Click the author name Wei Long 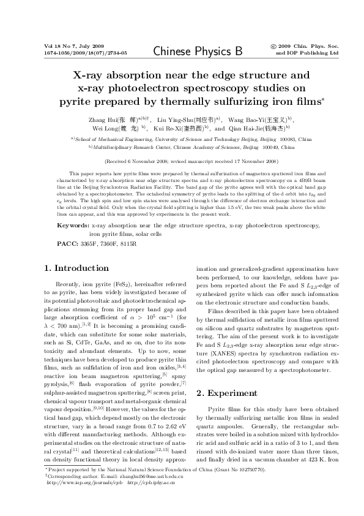click(x=106, y=129)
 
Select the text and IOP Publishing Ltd click(x=306, y=53)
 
